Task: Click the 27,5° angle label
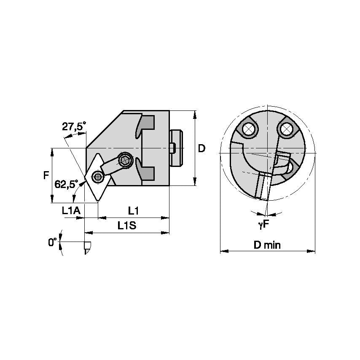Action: [74, 126]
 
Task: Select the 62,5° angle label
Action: [66, 184]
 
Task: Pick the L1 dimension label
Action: [134, 210]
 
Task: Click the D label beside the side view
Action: [202, 148]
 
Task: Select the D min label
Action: [267, 245]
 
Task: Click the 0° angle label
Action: [52, 242]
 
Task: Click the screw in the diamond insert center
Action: [97, 177]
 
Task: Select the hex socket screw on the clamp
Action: [125, 160]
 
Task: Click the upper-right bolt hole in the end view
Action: [288, 127]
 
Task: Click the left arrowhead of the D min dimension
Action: [222, 251]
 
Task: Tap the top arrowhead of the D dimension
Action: [195, 113]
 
